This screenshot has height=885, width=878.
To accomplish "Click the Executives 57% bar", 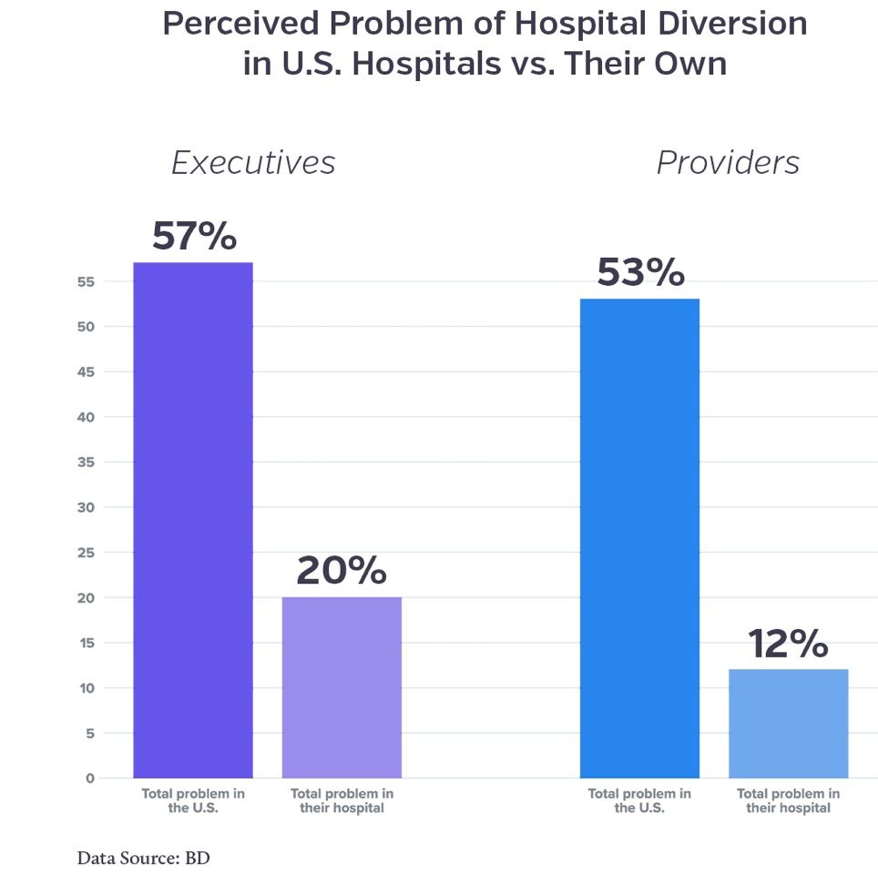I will pos(193,519).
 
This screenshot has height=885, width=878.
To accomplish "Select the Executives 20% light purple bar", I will pos(342,687).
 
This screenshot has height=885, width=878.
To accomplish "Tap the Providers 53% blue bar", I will pos(639,537).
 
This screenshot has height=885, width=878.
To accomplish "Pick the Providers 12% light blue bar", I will pos(789,723).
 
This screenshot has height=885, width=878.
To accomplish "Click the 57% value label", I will pos(194,236).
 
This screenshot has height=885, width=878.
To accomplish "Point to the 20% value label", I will pos(342,571).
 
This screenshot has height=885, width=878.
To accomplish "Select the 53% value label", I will pos(640,272).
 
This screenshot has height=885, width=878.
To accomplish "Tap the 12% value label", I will pos(789,644).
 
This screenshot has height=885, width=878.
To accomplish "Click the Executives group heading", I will pos(253,162).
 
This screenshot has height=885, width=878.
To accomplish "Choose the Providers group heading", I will pos(728,162).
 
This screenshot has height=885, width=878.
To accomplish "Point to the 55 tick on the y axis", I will pos(87,282).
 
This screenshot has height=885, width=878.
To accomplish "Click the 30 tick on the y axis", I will pos(87,507).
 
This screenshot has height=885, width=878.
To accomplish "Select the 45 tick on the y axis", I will pos(87,372).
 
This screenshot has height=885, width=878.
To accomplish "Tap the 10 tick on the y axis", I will pos(87,688).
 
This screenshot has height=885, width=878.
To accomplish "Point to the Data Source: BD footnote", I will pos(143,858).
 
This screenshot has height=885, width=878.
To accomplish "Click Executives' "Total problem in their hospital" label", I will pos(342,801).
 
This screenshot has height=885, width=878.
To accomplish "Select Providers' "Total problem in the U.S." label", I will pos(639,801).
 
